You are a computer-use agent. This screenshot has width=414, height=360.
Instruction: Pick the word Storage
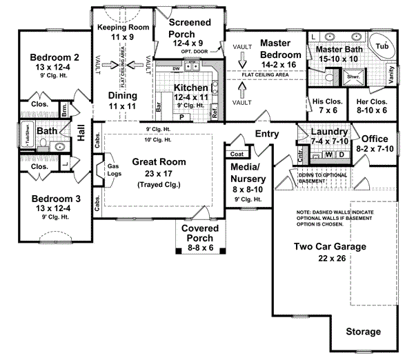click(363, 332)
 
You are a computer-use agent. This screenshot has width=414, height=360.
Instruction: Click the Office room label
click(375, 138)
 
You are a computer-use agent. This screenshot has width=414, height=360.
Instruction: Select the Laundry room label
click(324, 131)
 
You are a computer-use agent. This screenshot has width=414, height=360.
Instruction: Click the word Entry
click(268, 133)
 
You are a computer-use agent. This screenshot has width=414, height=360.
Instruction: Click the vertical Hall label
click(81, 132)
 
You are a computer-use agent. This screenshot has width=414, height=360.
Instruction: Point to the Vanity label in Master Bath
click(393, 74)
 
